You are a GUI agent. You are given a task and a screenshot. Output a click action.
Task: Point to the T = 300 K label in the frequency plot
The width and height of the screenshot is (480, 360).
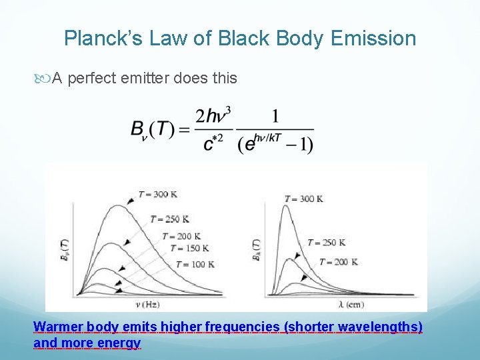click(157, 195)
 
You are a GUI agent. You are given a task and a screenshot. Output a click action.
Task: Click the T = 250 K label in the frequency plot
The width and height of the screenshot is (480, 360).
click(172, 219)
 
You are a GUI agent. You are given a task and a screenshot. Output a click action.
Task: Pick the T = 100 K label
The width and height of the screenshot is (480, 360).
click(193, 264)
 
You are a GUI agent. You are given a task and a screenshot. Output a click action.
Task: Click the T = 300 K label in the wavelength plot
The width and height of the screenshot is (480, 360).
click(303, 199)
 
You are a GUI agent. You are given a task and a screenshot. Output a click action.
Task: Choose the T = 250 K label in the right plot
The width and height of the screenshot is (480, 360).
click(325, 242)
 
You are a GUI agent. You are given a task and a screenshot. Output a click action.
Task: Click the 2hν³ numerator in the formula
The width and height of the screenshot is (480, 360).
click(213, 116)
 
